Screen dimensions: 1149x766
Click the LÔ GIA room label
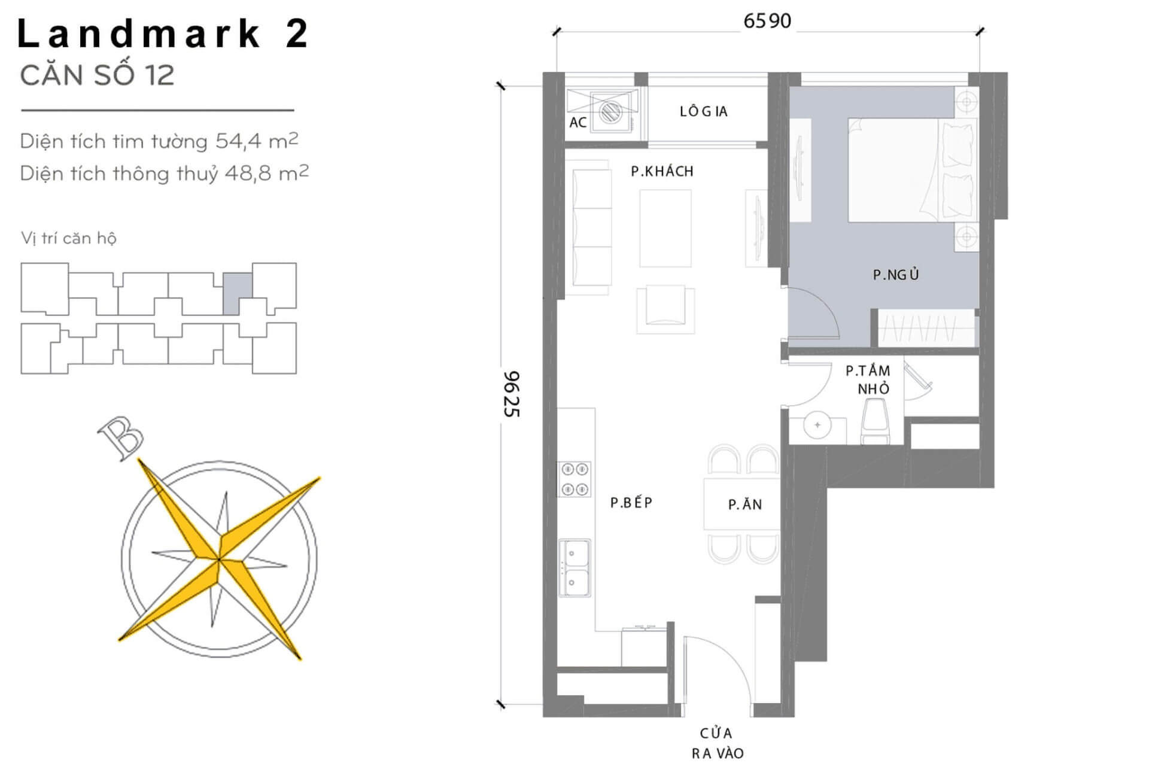coord(703,111)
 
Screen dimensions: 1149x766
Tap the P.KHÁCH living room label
coord(662,171)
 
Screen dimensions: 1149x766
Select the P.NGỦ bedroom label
coord(895,275)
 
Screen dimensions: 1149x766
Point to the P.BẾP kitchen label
coord(631,503)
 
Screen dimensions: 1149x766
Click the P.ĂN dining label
coord(744,504)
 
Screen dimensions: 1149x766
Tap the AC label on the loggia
coord(577,123)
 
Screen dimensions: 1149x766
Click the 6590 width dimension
coord(767,21)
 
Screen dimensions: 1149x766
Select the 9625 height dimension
coord(512,394)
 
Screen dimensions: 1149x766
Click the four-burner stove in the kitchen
coord(574,479)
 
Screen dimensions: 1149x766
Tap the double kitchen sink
coord(574,568)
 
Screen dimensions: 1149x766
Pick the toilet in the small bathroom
coord(874,421)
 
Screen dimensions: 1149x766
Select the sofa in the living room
coord(592,232)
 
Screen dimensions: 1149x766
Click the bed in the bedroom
coord(912,171)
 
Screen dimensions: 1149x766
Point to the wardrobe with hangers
coord(926,327)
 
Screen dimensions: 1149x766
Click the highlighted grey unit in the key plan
coord(238,293)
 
